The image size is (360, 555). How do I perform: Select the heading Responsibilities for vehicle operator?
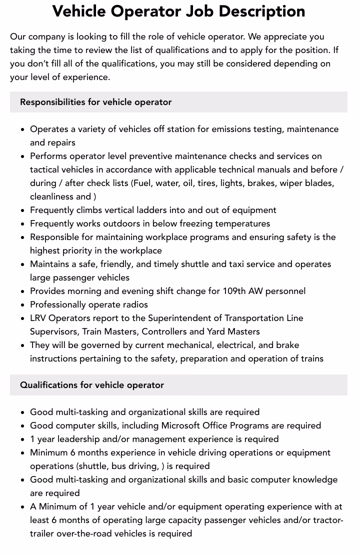(x=95, y=102)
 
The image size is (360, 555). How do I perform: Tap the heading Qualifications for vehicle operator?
(x=91, y=385)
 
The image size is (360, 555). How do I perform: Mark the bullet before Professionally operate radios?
(x=23, y=305)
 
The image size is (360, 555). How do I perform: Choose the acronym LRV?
(x=38, y=318)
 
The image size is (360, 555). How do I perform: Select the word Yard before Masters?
(x=217, y=331)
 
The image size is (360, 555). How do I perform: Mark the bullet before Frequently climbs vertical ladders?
(x=23, y=210)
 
